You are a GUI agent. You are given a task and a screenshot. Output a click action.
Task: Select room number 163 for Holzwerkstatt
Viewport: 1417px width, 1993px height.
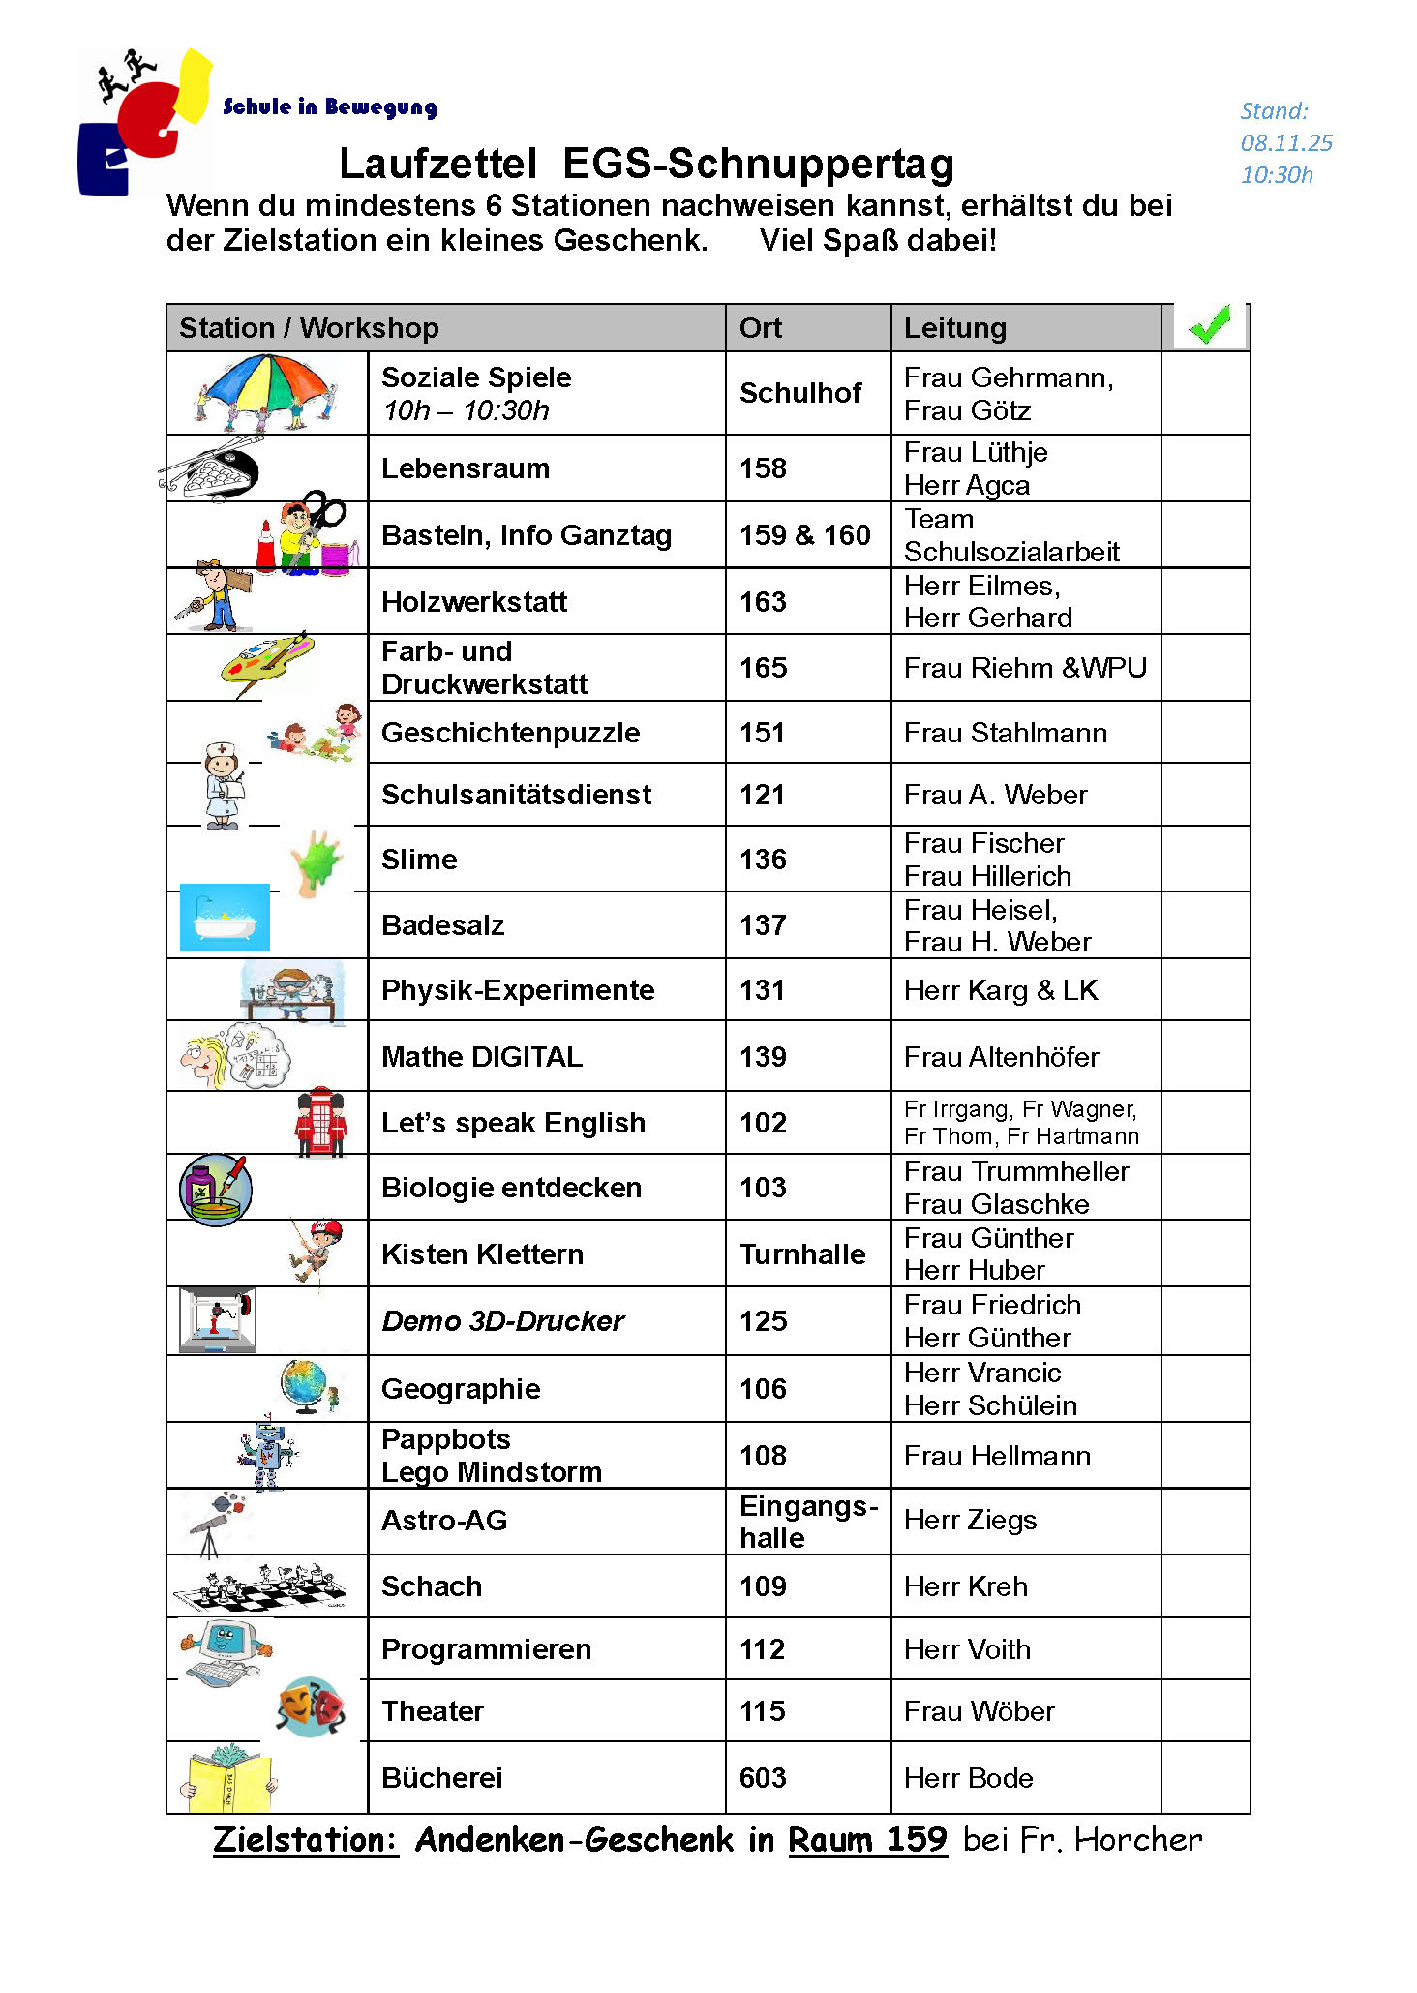[x=763, y=601]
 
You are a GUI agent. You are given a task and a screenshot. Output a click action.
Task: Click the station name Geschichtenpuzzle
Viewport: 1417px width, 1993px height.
[x=510, y=733]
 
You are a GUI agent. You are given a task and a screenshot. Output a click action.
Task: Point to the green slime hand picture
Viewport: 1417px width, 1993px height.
[x=317, y=860]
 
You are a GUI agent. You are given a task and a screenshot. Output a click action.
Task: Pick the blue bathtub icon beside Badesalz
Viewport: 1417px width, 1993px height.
[x=225, y=918]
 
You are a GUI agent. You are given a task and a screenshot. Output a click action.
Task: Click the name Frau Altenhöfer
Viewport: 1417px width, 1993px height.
[x=1001, y=1057]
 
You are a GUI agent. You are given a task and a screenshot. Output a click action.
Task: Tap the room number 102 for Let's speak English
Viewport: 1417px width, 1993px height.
[x=763, y=1123]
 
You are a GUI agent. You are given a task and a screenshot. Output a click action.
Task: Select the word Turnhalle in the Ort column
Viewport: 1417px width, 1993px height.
[x=802, y=1254]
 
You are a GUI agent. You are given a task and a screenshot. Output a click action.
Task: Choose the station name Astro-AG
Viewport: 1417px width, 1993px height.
[x=444, y=1521]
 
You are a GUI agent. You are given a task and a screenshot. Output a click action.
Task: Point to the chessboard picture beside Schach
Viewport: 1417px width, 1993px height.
[x=259, y=1586]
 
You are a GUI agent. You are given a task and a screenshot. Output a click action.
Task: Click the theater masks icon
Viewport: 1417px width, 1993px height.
[x=311, y=1707]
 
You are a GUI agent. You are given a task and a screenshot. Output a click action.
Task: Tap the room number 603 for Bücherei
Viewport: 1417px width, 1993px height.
[x=763, y=1778]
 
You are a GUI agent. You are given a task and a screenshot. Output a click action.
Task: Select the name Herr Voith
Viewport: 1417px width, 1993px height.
[x=967, y=1649]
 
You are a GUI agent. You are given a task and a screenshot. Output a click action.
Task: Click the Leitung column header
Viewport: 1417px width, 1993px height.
[x=954, y=328]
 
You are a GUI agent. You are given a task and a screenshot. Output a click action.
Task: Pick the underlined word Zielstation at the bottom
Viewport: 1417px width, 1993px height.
[x=305, y=1840]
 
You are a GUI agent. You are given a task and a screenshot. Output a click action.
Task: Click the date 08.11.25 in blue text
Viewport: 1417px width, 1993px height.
[x=1286, y=143]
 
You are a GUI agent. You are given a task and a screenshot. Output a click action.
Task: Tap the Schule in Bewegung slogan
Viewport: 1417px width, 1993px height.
[x=329, y=107]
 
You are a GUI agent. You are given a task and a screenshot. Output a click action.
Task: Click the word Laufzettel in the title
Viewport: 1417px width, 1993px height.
[x=437, y=164]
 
